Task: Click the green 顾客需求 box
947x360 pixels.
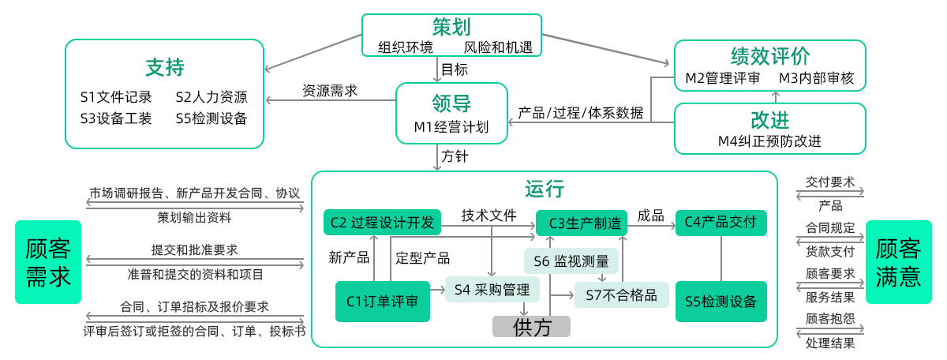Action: pyautogui.click(x=48, y=262)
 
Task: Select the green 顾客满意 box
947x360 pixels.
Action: pyautogui.click(x=898, y=262)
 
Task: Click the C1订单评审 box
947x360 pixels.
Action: pyautogui.click(x=383, y=301)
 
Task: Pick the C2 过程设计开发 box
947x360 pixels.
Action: pyautogui.click(x=382, y=223)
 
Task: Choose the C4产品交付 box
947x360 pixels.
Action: pyautogui.click(x=721, y=223)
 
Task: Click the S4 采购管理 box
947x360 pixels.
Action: pyautogui.click(x=492, y=290)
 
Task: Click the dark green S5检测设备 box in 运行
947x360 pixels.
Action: pyautogui.click(x=721, y=301)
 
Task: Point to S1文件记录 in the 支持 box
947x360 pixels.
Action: pyautogui.click(x=116, y=97)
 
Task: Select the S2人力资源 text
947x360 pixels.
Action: pyautogui.click(x=211, y=97)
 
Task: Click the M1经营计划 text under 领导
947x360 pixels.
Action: pyautogui.click(x=451, y=127)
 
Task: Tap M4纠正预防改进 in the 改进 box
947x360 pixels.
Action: pyautogui.click(x=769, y=141)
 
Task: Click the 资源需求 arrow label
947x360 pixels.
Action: pyautogui.click(x=330, y=91)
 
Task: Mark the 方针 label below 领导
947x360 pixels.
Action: pyautogui.click(x=455, y=157)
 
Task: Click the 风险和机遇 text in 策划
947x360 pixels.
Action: pyautogui.click(x=498, y=47)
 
